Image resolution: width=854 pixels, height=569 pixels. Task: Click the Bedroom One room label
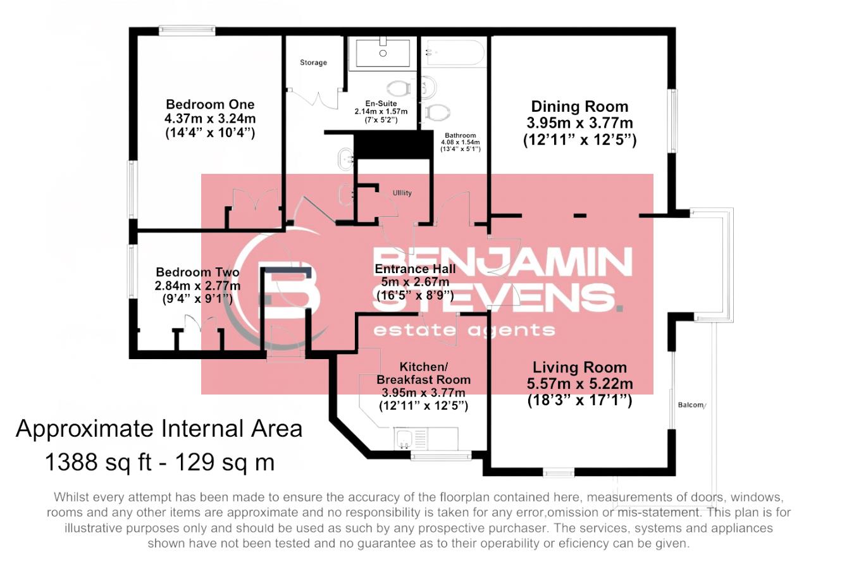pos(210,104)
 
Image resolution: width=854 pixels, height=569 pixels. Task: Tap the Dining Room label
pos(579,107)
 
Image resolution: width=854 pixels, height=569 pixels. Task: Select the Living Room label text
pos(579,367)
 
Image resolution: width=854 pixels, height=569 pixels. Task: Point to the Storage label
pos(313,63)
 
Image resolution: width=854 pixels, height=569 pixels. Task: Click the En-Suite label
pos(381,103)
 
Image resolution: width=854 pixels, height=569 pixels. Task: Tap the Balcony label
pos(691,405)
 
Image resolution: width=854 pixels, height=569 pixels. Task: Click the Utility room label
pos(402,193)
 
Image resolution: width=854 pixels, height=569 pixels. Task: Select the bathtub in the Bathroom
pos(454,53)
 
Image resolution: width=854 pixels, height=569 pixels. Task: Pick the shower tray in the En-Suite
pos(383,52)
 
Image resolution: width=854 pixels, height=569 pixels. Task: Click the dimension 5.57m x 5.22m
pos(579,384)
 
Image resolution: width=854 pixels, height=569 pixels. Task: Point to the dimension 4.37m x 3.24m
pos(210,119)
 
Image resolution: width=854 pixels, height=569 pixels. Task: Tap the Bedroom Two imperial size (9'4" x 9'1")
pos(197,299)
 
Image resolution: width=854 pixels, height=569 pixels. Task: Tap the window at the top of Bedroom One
pos(187,30)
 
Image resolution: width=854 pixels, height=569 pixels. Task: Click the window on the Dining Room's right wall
pos(673,120)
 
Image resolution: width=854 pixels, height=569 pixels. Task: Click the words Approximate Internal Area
pos(159,429)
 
